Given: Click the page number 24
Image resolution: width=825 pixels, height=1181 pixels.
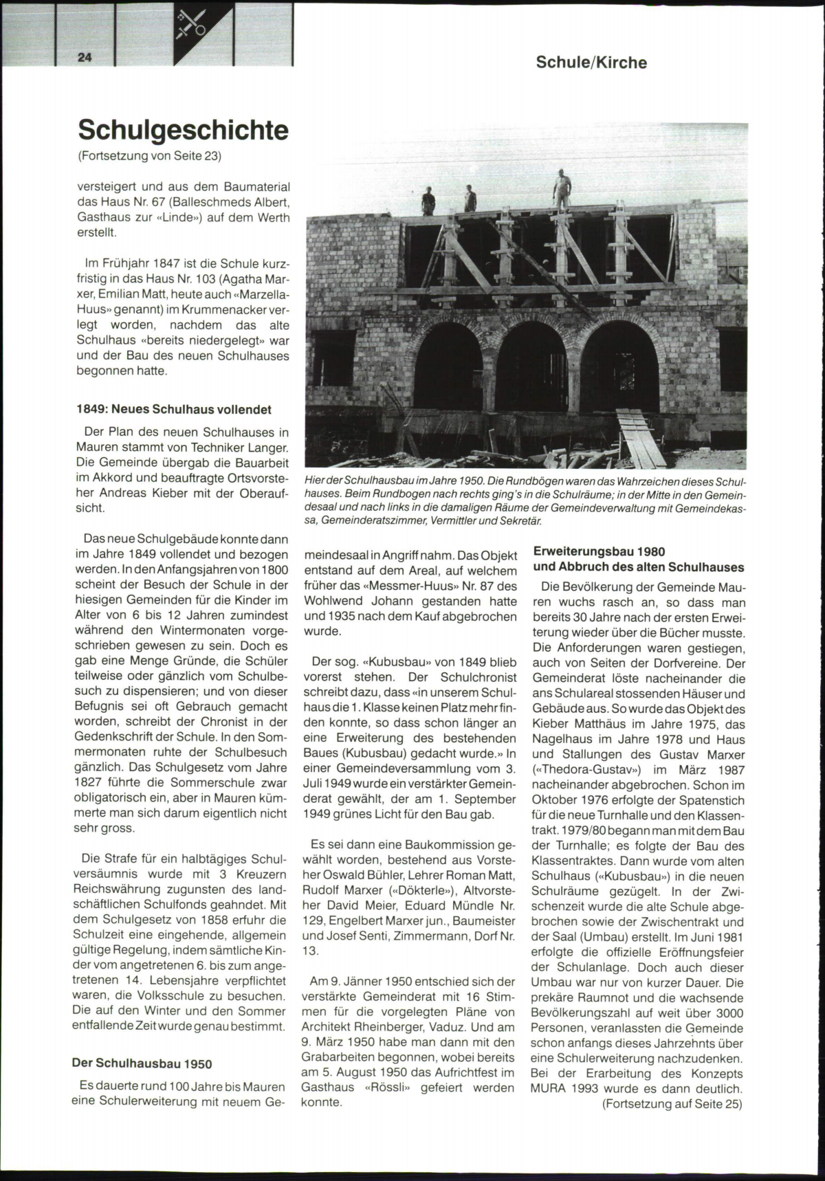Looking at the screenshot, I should [85, 58].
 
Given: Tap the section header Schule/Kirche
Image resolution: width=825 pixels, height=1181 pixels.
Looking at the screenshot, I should [591, 63].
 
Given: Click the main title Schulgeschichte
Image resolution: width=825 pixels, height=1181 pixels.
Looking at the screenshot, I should [183, 129].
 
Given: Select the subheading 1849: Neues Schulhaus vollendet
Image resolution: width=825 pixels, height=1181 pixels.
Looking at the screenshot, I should [174, 410].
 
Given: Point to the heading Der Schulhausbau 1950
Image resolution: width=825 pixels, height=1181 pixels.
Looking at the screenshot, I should [142, 1063].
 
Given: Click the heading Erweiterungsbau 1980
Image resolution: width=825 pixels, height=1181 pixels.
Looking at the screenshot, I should [599, 551].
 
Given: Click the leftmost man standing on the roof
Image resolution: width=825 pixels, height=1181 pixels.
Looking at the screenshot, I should [428, 201].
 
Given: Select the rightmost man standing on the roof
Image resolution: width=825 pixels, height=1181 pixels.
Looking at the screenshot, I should [562, 189].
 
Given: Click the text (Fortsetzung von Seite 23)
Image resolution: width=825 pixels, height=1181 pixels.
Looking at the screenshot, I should [149, 156].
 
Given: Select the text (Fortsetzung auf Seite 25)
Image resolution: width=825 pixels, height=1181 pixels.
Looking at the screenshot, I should [672, 1104].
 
